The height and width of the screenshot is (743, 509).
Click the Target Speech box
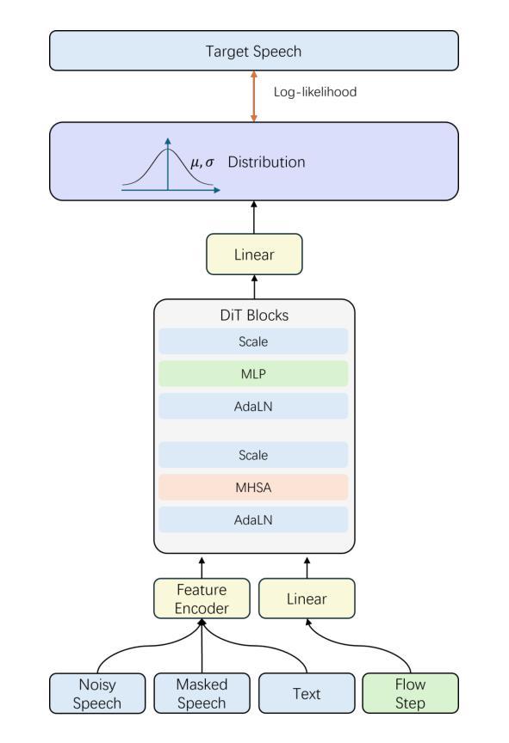[x=254, y=51]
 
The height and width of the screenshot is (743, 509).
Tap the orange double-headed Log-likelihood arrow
[x=254, y=96]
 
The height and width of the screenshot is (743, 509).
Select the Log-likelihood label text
[x=315, y=92]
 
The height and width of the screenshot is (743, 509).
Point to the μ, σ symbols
[x=202, y=163]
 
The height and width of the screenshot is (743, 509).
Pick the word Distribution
[x=267, y=162]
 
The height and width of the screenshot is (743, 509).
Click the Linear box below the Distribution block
[x=254, y=255]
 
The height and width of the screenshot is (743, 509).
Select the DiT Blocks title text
[x=254, y=315]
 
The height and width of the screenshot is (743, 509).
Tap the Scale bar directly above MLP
[x=253, y=341]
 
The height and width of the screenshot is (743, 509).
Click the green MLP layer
[x=253, y=374]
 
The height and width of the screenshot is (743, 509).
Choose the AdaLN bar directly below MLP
[x=253, y=406]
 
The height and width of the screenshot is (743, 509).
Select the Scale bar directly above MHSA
[x=253, y=455]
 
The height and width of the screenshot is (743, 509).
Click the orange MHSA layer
[x=253, y=487]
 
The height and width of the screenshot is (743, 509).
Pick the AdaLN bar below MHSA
[x=253, y=519]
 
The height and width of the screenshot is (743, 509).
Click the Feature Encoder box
[x=202, y=599]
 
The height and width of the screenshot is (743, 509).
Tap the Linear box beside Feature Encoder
[x=307, y=599]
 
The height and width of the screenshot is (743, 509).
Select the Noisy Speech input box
[x=97, y=693]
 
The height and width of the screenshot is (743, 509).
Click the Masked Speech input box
[x=202, y=693]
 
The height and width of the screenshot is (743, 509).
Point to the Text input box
[x=307, y=693]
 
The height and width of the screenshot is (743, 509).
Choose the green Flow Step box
[x=410, y=693]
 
